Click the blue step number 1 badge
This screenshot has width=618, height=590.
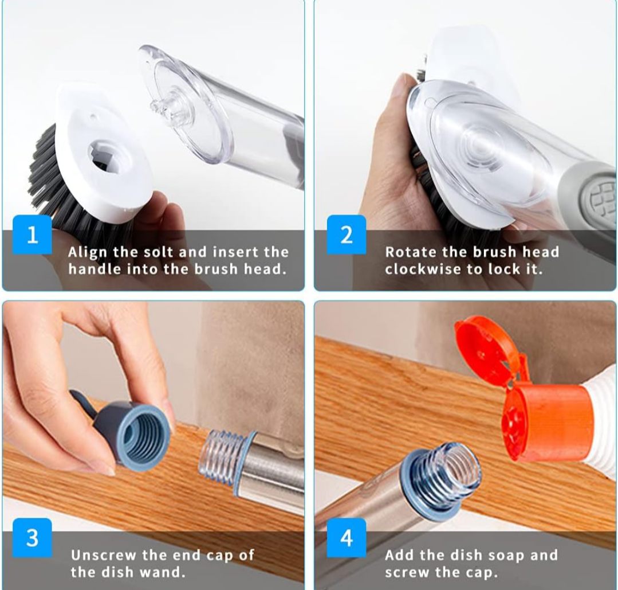pyautogui.click(x=32, y=235)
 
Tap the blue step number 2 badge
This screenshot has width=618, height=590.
pyautogui.click(x=347, y=235)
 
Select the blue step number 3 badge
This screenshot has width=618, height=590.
pyautogui.click(x=32, y=537)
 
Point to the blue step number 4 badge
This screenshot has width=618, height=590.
pyautogui.click(x=347, y=537)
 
